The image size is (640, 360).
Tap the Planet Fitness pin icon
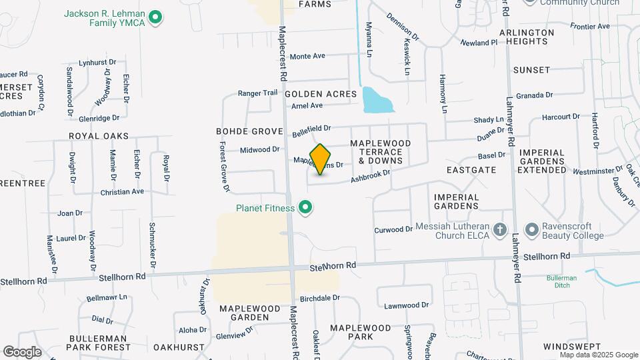click(306, 209)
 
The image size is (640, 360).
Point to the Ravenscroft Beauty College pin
click(531, 230)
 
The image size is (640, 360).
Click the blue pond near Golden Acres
click(377, 100)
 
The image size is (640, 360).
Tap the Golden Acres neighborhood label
click(321, 94)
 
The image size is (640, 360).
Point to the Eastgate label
click(471, 170)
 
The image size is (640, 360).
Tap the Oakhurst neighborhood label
click(179, 347)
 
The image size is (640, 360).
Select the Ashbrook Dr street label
click(370, 176)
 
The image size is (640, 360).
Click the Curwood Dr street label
click(393, 229)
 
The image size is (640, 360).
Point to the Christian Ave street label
click(122, 191)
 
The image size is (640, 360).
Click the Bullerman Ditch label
click(561, 281)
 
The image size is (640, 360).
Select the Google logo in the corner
click(22, 351)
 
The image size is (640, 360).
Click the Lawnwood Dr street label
click(406, 305)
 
